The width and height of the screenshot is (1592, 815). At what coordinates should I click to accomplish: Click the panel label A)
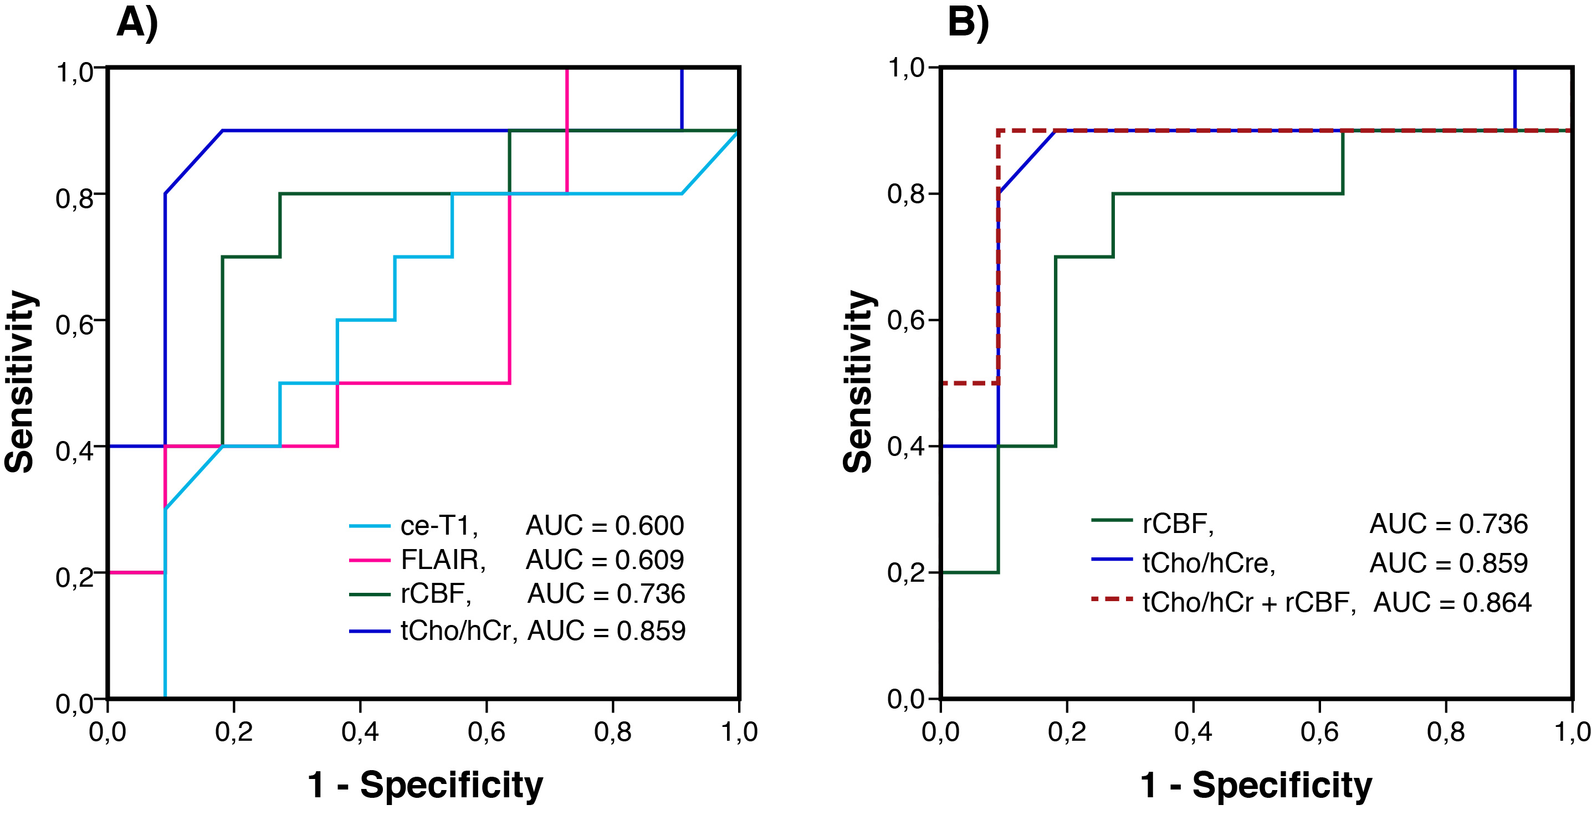pos(138,23)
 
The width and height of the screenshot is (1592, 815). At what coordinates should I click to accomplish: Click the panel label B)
pos(969,23)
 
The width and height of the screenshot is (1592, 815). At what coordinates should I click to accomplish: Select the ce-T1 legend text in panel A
pos(439,526)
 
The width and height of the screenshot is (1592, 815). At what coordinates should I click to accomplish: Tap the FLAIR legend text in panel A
pos(443,560)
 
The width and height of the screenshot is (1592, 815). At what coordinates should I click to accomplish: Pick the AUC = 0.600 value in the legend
pos(605,526)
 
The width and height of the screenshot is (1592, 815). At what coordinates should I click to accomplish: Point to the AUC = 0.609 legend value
pos(605,560)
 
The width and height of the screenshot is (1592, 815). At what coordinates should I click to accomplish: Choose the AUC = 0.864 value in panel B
pos(1452,602)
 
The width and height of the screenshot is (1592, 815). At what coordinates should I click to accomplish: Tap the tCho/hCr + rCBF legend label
pos(1249,602)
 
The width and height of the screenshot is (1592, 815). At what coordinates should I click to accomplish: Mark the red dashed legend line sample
pos(1112,599)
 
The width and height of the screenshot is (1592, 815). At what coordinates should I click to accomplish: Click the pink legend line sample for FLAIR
pos(370,560)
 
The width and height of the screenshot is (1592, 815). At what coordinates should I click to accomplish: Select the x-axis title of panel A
pos(425,785)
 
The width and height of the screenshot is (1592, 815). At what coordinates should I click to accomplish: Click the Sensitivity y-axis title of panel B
pos(859,381)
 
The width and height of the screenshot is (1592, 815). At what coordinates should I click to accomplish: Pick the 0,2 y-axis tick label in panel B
pos(905,573)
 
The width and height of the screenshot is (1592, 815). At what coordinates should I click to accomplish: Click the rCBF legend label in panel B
pos(1178,524)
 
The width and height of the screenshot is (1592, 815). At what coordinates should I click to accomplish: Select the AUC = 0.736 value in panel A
pos(606,594)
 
